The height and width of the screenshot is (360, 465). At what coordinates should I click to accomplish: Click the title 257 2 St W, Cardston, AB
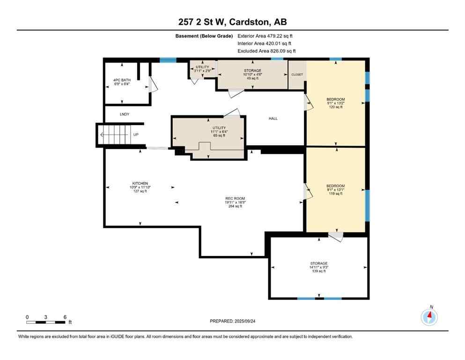(x=232, y=22)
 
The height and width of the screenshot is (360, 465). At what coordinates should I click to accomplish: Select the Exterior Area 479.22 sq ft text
(x=266, y=36)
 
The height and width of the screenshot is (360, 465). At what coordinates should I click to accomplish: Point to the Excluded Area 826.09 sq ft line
(x=266, y=51)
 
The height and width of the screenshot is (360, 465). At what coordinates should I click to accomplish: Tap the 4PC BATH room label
(x=122, y=82)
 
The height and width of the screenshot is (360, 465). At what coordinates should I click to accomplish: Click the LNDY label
(x=124, y=114)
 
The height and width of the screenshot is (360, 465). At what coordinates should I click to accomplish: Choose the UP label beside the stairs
(x=136, y=135)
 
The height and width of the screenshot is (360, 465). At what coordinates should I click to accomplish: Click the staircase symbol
(x=114, y=135)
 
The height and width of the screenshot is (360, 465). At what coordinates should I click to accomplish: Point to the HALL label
(x=273, y=119)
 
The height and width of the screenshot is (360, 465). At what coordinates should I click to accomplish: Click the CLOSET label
(x=297, y=75)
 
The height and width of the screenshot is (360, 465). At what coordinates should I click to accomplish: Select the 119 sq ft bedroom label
(x=335, y=189)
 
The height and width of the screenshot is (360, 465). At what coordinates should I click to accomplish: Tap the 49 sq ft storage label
(x=252, y=74)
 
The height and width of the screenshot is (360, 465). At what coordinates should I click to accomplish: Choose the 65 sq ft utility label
(x=219, y=131)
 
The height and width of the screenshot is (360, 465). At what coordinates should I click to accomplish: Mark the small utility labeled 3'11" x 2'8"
(x=202, y=69)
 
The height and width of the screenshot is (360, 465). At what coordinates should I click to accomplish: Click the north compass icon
(x=429, y=317)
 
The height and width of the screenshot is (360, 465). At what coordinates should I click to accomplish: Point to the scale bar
(x=46, y=322)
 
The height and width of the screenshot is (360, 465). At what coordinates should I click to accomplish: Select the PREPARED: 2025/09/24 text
(x=232, y=321)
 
